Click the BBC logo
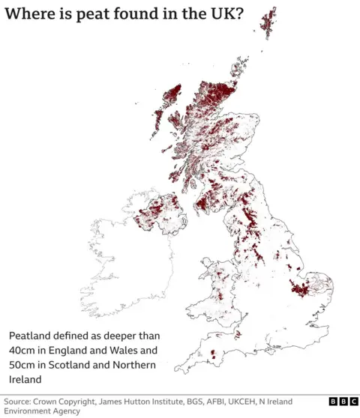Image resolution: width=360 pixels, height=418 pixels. [341, 402]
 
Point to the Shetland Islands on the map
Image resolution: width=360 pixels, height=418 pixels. [268, 22]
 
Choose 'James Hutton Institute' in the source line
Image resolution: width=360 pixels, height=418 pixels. [156, 402]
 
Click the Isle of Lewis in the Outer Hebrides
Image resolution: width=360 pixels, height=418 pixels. [172, 95]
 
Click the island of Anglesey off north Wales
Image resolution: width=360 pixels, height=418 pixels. [205, 264]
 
